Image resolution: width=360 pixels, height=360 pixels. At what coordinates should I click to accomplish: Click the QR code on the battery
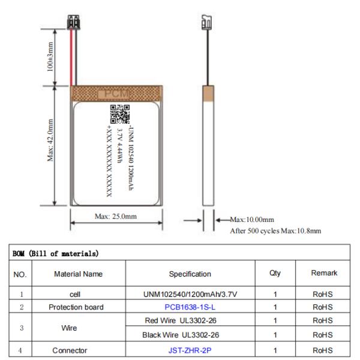(119, 114)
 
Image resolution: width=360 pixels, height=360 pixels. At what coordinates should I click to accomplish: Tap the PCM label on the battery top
(115, 93)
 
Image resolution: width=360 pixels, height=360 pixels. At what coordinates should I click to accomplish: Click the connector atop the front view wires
(74, 24)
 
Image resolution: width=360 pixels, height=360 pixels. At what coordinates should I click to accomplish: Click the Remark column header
(323, 274)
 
